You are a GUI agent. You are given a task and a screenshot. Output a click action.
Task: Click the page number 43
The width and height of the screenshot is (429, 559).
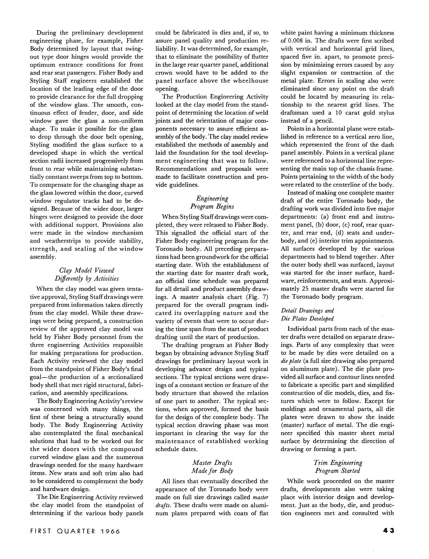tap(389, 531)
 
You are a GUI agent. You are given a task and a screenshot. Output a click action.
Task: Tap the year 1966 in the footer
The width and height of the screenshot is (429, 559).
tap(110, 531)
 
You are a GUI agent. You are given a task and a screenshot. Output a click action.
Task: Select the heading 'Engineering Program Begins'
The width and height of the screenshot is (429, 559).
tap(212, 202)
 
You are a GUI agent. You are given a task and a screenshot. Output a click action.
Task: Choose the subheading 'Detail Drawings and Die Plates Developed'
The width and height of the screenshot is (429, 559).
tap(307, 314)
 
